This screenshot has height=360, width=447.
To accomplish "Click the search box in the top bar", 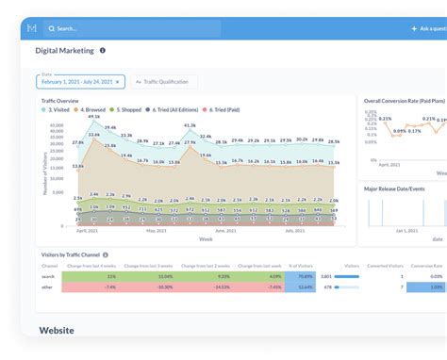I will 132,28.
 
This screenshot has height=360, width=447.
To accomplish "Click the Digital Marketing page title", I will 64,51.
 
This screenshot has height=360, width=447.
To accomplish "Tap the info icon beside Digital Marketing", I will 103,51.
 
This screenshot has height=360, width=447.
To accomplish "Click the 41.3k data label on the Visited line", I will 190,125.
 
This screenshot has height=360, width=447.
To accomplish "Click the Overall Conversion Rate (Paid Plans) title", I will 405,100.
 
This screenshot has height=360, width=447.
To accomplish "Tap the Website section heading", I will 56,331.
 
